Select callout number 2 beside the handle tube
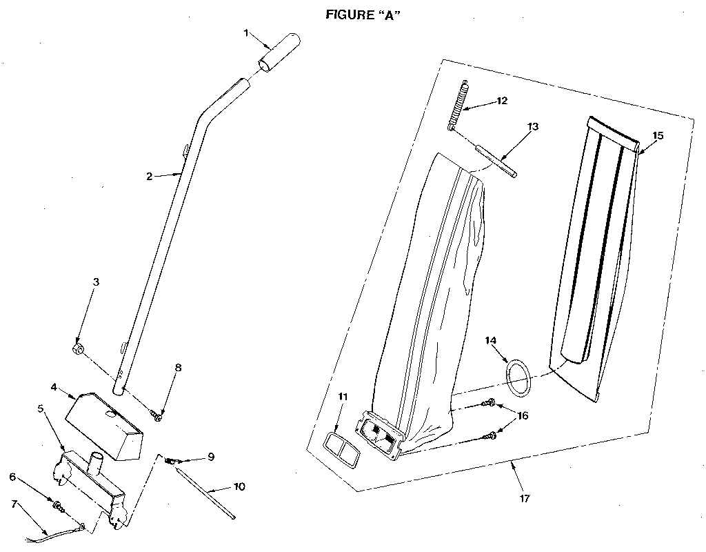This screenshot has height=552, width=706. tap(149, 177)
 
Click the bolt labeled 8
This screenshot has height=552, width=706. tap(158, 415)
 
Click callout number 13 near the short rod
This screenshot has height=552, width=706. tap(533, 127)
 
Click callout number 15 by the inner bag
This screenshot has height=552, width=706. tap(658, 136)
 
